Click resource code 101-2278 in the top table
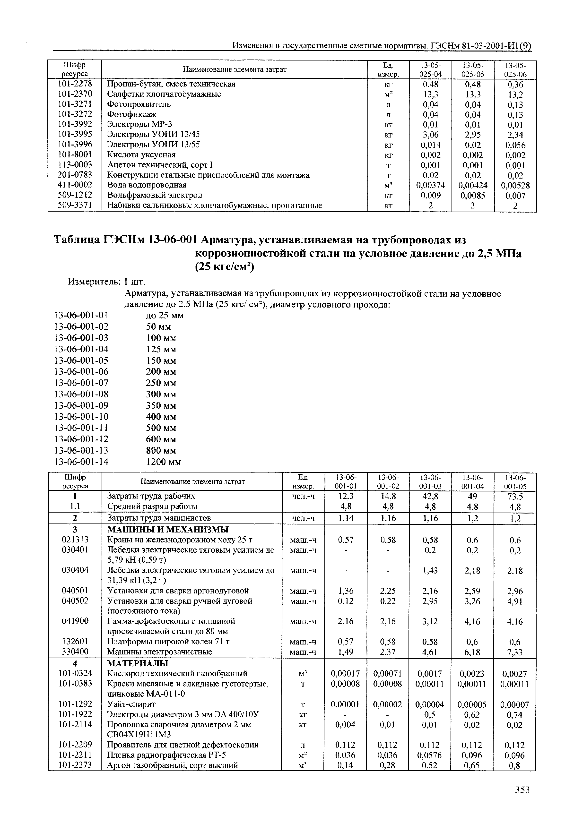[75, 84]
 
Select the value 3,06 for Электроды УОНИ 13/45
[431, 135]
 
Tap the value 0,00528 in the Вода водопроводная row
[515, 186]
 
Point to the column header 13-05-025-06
[515, 70]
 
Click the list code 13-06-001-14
[81, 462]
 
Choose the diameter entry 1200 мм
[163, 462]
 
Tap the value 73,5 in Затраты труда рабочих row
[515, 497]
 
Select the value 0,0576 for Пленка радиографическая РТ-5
[430, 755]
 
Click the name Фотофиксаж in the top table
[132, 114]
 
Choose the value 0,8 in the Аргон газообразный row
[515, 765]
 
